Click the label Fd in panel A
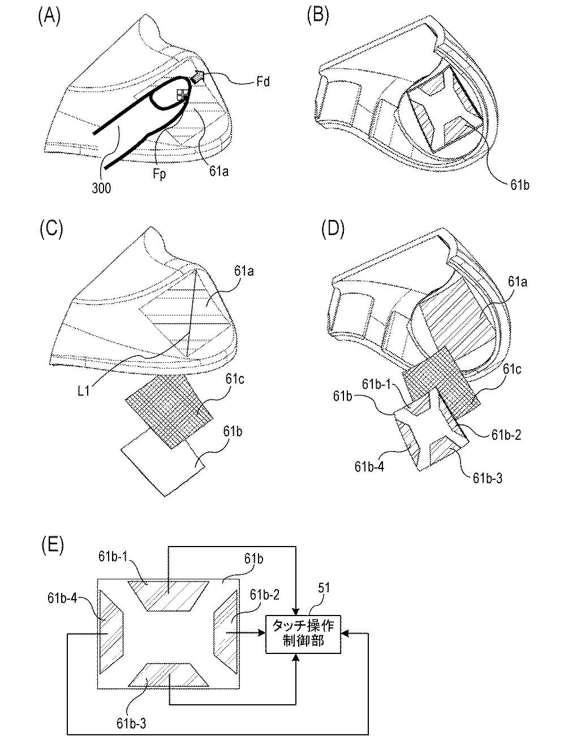[263, 82]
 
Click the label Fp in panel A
[159, 174]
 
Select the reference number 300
[101, 188]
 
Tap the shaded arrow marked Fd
[198, 78]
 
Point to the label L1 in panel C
[84, 391]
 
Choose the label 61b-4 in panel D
[369, 466]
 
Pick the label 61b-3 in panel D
[488, 478]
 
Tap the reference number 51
[324, 588]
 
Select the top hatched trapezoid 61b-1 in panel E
[168, 595]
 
